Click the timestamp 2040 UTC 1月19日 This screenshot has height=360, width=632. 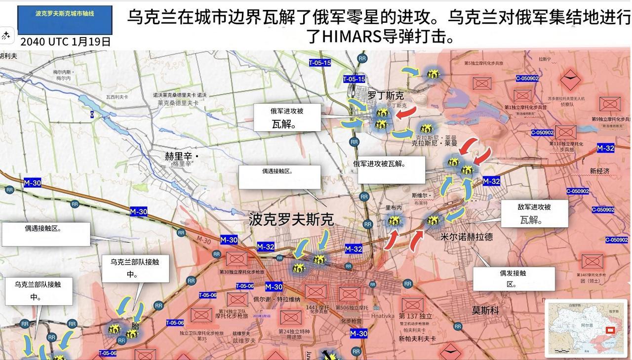point(65,41)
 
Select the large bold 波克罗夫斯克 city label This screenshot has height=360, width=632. point(291,219)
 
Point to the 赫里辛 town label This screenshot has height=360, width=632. point(181,157)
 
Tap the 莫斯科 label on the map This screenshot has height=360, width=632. point(485,310)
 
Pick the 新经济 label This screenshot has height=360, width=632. point(599,171)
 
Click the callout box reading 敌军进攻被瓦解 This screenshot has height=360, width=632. point(534,213)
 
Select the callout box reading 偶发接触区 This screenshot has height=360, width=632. point(513,279)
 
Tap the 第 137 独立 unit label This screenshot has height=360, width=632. point(415,316)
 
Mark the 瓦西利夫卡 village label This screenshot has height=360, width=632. point(117,97)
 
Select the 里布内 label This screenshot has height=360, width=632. point(394,208)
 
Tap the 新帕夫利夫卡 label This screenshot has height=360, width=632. point(417,339)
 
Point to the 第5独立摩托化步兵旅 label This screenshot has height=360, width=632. point(483,63)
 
